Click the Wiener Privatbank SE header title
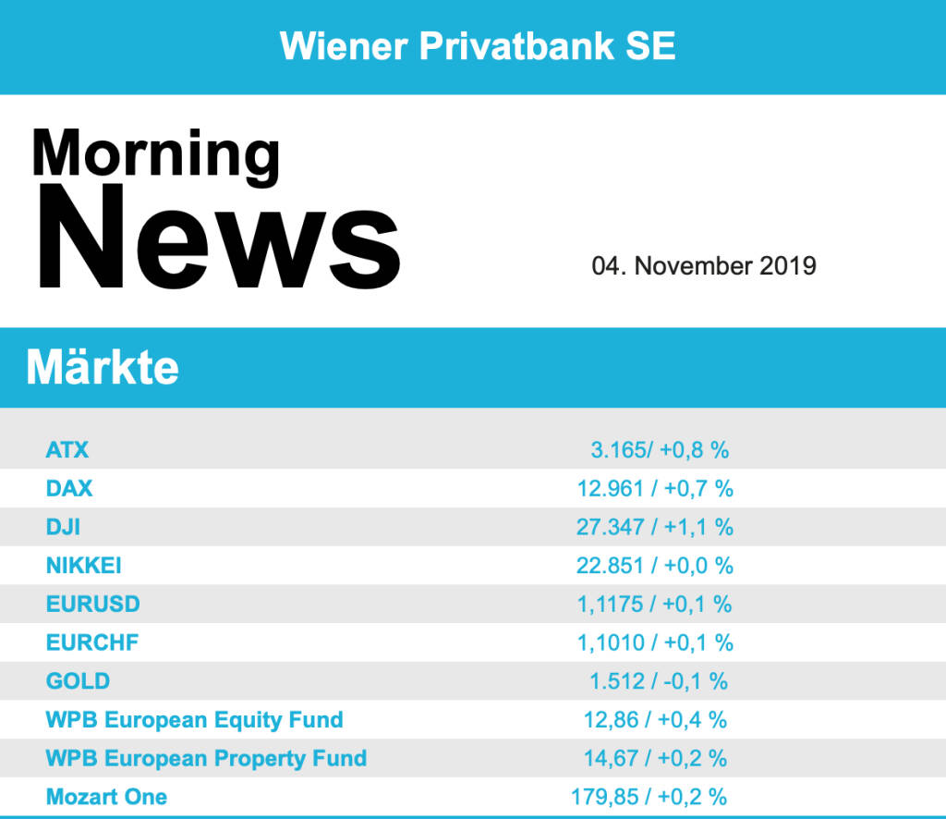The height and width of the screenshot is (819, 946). click(478, 45)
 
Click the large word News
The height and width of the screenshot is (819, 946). click(218, 239)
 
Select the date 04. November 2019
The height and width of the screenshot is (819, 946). click(704, 266)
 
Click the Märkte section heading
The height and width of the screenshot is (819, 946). click(103, 368)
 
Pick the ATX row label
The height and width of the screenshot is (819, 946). click(67, 450)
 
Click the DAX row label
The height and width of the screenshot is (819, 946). click(69, 489)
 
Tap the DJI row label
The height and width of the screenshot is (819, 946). click(63, 527)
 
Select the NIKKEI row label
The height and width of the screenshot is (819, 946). click(83, 565)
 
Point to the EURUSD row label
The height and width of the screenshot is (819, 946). click(92, 604)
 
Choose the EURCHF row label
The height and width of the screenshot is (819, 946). click(91, 642)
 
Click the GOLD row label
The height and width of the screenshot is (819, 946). click(78, 681)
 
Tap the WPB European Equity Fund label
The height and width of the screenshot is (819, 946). click(194, 719)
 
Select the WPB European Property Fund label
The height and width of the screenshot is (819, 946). click(206, 758)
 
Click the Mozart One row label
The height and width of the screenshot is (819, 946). click(106, 796)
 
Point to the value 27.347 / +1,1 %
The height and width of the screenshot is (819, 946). click(655, 527)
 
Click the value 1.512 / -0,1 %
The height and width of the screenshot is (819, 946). click(659, 681)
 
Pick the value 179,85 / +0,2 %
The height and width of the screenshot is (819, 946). click(649, 796)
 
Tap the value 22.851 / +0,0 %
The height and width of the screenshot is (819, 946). click(655, 565)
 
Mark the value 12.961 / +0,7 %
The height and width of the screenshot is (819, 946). click(655, 489)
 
